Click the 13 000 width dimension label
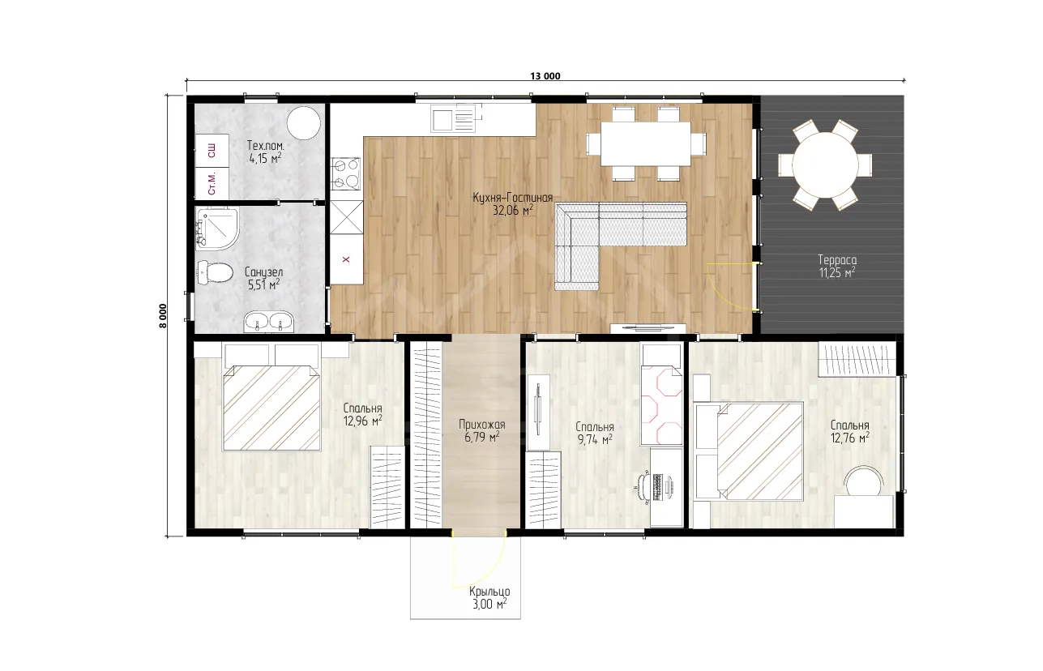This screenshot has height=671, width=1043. [545, 76]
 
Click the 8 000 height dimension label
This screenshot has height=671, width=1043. [163, 316]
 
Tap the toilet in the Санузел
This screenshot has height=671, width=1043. [215, 272]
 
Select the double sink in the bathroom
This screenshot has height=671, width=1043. [269, 322]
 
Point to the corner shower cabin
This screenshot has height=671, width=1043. [217, 229]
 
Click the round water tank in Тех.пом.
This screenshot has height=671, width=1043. [304, 123]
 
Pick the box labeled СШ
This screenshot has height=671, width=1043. [212, 151]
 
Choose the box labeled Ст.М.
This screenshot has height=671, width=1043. [212, 183]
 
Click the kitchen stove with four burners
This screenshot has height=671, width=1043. [346, 173]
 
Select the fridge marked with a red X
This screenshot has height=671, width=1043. [346, 259]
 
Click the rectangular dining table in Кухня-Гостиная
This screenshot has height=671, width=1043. [645, 143]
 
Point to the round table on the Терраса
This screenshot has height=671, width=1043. [825, 165]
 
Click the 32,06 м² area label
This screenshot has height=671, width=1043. [513, 211]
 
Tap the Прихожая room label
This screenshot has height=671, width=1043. [482, 424]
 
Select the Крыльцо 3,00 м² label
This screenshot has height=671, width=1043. [489, 598]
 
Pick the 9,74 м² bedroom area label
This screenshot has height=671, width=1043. [595, 439]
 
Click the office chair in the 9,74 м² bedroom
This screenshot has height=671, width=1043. [643, 488]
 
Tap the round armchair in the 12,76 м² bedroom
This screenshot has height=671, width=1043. [864, 482]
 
